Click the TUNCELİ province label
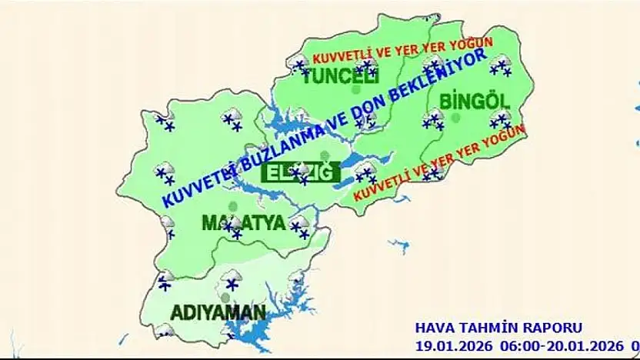[341, 77]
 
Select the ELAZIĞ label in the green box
[301, 172]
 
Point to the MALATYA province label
[244, 223]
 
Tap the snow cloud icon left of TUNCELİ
[298, 65]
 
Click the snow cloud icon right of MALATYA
[298, 224]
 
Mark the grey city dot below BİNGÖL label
[455, 118]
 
